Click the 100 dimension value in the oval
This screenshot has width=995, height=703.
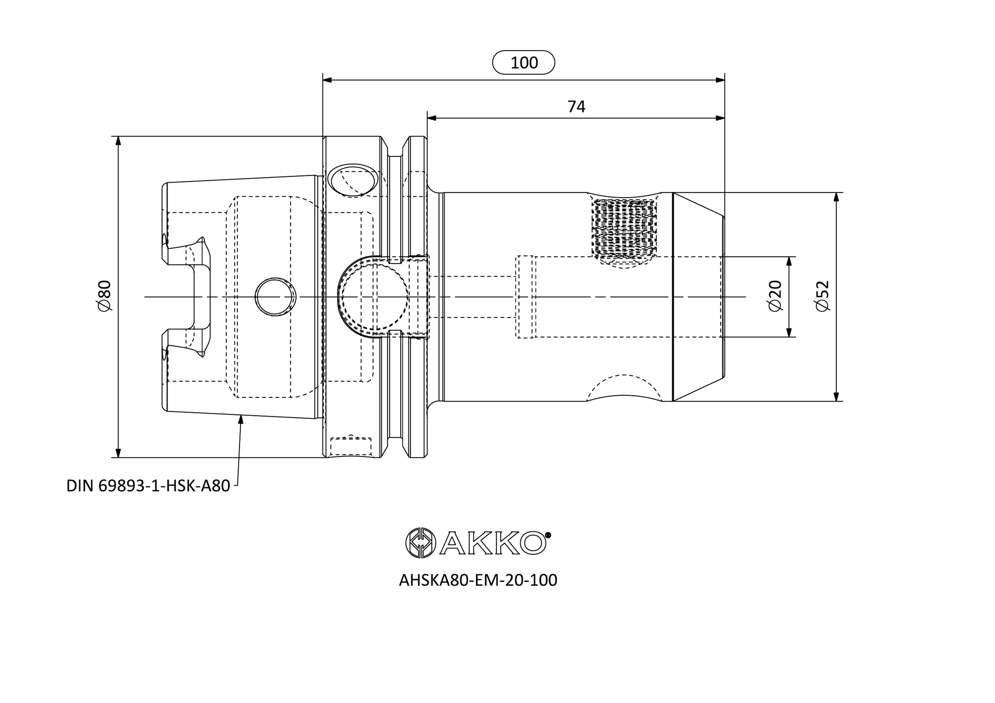(x=524, y=63)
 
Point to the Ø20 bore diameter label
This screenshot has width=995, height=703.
(x=775, y=296)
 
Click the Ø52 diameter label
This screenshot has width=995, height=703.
(x=822, y=296)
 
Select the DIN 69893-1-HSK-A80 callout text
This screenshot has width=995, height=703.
(x=148, y=486)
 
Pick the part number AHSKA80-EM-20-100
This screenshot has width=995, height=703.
(x=478, y=580)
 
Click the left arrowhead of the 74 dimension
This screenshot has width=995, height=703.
(x=432, y=118)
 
